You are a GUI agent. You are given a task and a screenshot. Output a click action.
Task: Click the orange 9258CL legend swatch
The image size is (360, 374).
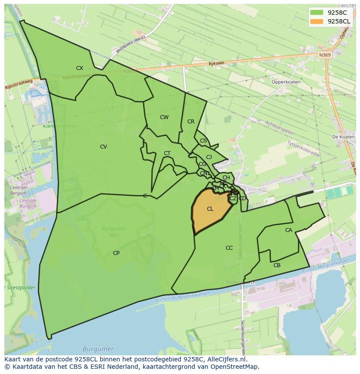coord(317,21)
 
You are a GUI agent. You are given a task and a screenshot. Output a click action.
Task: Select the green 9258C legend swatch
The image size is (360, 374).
coord(317,13)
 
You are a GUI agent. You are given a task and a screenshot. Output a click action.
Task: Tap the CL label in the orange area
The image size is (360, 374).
coord(210,209)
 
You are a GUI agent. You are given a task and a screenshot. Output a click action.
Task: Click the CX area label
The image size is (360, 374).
coord(80,68)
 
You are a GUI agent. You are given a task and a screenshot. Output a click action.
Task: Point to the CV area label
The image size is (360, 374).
coord(103,147)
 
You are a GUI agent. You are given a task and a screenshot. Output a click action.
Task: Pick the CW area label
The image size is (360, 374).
coord(164,117)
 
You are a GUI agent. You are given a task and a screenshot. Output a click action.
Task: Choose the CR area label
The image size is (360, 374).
coord(191,122)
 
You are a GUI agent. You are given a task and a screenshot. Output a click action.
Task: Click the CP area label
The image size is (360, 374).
coord(116,253)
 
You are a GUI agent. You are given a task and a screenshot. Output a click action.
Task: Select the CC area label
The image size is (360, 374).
coord(229,248)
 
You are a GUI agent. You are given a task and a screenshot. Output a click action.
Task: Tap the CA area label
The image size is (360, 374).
coord(289,230)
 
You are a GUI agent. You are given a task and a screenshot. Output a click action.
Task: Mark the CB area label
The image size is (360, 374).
coord(277,265)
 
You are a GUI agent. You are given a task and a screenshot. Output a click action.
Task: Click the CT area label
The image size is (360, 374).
coord(167,153)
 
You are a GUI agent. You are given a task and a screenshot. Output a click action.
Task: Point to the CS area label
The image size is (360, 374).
coord(203,141)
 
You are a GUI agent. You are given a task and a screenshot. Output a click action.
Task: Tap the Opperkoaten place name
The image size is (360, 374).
coord(286,82)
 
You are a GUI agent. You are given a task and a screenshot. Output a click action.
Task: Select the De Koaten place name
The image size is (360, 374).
coord(343,137)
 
